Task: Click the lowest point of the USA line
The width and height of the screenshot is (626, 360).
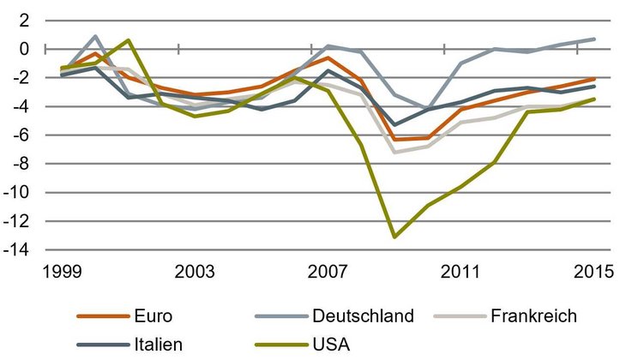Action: (394, 237)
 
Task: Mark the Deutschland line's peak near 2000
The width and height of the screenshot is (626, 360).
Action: (94, 36)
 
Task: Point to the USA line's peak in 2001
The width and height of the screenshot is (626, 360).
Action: (128, 40)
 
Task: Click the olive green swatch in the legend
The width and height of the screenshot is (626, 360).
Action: (276, 345)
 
